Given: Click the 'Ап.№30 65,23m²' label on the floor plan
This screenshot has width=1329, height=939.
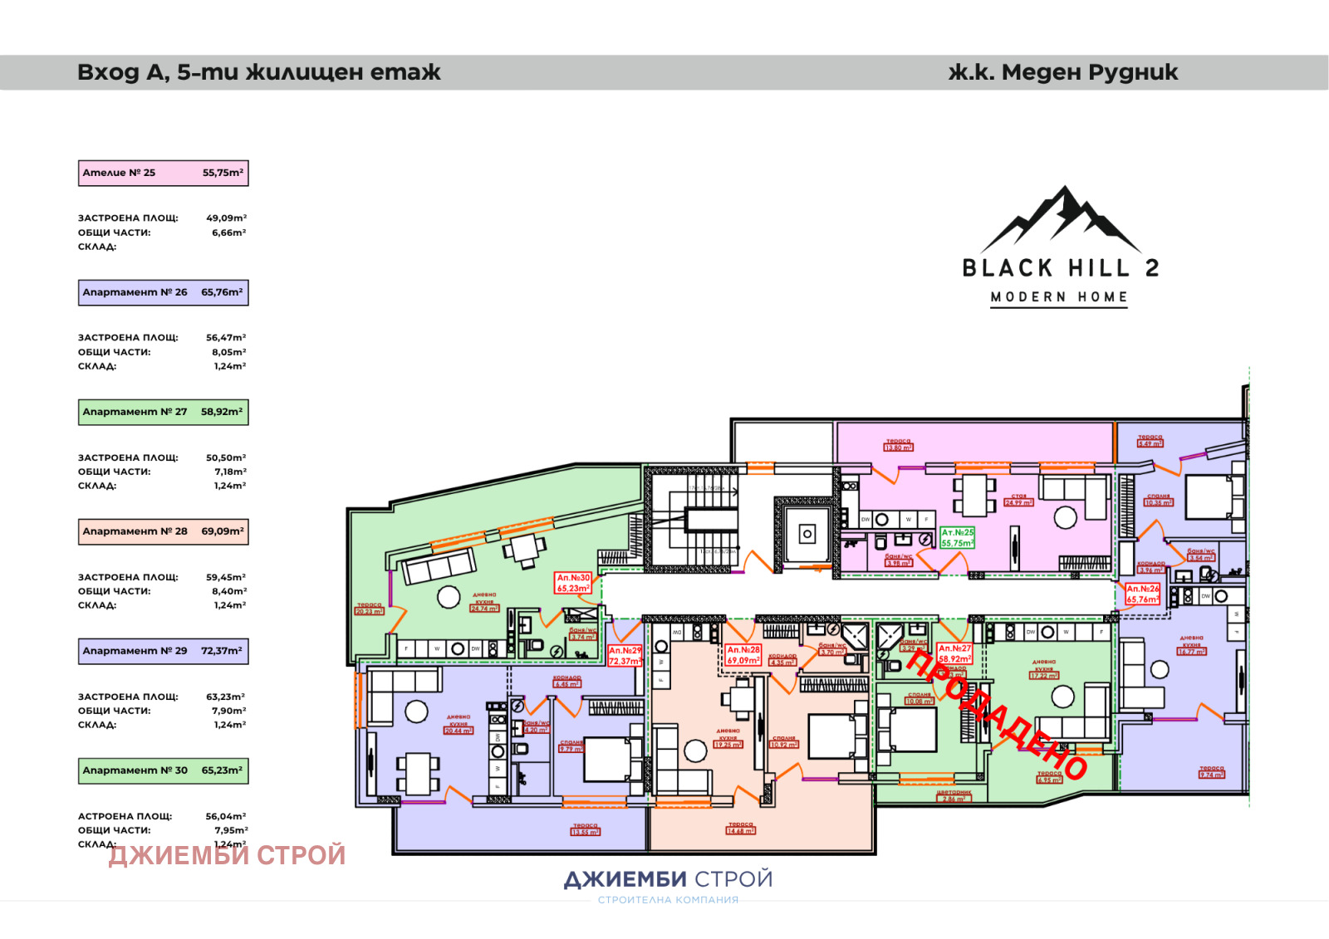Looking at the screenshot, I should (573, 583).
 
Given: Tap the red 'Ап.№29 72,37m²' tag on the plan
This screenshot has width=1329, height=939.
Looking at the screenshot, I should (625, 656).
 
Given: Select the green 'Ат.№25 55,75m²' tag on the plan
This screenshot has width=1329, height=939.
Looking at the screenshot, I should (957, 538).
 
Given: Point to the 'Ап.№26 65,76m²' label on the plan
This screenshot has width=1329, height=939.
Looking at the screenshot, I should (1142, 594).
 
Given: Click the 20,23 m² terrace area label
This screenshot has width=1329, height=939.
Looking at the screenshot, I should (369, 609).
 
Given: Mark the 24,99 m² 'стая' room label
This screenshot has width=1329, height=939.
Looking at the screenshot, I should (1018, 500).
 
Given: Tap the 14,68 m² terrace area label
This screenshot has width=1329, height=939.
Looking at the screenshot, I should (740, 828).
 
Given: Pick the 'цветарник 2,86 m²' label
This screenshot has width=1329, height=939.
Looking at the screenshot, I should (954, 795).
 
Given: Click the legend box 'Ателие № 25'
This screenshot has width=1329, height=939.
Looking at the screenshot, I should (164, 173).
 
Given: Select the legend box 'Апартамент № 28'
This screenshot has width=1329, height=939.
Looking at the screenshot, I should (164, 531).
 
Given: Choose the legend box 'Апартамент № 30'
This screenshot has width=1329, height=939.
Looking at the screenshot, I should (164, 770).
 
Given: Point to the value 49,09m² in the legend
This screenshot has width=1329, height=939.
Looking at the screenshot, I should (226, 218).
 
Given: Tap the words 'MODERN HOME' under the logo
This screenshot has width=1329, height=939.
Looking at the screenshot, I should (1059, 297).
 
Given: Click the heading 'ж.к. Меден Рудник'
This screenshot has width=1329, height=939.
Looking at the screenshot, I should (1063, 73).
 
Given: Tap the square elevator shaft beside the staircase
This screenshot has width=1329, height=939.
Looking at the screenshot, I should (807, 535).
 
